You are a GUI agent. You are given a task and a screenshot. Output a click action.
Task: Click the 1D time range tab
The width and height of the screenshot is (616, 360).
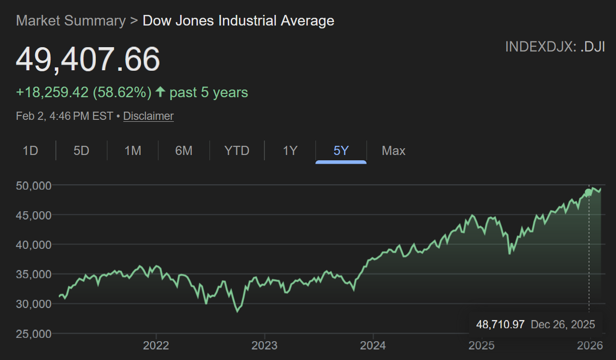click(x=30, y=151)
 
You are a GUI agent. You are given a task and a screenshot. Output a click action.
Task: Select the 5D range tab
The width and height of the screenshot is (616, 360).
click(x=81, y=151)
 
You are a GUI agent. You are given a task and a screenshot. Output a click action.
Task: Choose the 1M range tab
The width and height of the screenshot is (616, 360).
click(x=132, y=151)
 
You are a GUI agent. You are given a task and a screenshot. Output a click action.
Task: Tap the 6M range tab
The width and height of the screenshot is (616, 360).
click(x=183, y=151)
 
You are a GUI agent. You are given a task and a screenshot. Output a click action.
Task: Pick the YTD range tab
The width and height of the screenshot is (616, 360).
click(x=237, y=151)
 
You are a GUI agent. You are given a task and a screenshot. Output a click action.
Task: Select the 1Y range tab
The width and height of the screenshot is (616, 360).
click(x=289, y=151)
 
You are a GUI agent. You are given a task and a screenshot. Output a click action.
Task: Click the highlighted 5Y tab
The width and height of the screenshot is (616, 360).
click(x=341, y=151)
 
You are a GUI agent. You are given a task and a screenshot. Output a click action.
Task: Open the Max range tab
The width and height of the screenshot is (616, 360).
click(x=393, y=151)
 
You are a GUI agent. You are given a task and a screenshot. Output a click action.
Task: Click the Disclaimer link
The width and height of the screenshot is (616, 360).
click(x=148, y=116)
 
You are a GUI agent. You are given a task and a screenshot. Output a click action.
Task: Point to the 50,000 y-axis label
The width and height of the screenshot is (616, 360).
click(x=34, y=185)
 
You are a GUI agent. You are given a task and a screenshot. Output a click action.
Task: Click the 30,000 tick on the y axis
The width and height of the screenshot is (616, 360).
click(x=34, y=304)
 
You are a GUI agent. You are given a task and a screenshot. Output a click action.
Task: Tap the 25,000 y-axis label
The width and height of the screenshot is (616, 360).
click(x=34, y=334)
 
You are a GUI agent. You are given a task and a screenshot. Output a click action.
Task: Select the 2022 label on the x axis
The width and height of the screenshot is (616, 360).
click(x=156, y=346)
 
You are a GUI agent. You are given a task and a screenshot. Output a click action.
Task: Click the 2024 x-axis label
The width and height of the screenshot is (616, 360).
click(x=373, y=346)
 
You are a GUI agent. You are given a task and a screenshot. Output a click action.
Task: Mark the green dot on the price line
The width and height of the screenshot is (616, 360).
click(x=589, y=193)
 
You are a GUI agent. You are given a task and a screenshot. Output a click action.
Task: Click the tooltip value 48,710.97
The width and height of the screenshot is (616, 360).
click(x=500, y=324)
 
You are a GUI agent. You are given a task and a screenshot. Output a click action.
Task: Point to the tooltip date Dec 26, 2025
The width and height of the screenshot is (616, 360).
click(x=563, y=324)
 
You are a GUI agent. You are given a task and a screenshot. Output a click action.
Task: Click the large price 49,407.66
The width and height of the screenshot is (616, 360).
click(x=88, y=60)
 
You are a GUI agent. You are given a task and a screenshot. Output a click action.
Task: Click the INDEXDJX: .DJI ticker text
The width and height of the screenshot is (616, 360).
click(x=555, y=47)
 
